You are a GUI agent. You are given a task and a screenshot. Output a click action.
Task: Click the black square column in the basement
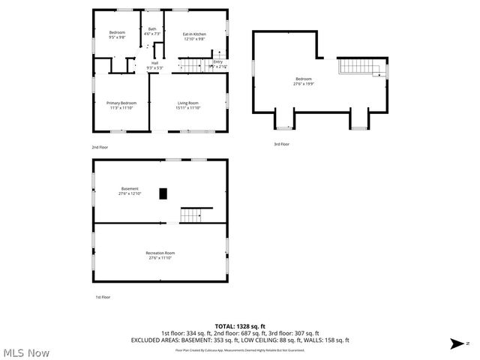pos(163,193)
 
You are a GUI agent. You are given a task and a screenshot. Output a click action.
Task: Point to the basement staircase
pos(191,216)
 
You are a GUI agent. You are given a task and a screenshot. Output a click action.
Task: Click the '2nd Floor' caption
pos(100,147)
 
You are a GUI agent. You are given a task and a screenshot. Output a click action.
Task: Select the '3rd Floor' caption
pos(281,144)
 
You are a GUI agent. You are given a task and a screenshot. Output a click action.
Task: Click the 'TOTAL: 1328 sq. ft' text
pos(240,326)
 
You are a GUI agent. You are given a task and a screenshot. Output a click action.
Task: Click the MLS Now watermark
pos(26,352)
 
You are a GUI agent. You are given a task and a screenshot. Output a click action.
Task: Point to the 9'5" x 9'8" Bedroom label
pos(118,34)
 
